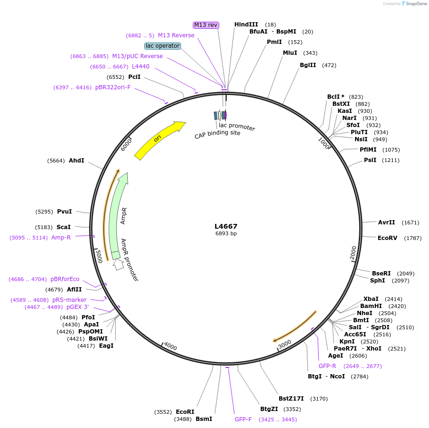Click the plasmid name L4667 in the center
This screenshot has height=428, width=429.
(x=226, y=226)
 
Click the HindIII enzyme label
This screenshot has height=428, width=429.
(x=246, y=25)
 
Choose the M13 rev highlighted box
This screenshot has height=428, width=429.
(x=206, y=25)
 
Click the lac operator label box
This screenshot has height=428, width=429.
(x=163, y=46)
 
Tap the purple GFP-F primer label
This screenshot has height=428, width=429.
(x=243, y=419)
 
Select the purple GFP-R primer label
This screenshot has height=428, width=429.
(x=327, y=366)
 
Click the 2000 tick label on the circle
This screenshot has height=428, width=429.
(x=354, y=253)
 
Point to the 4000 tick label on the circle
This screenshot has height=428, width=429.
(x=170, y=347)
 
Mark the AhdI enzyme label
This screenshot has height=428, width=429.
(x=76, y=161)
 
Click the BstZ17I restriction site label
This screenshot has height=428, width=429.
(x=291, y=398)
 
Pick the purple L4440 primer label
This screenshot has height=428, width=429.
(x=140, y=67)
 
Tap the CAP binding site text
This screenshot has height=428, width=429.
(x=217, y=134)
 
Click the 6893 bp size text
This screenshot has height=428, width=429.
(x=226, y=233)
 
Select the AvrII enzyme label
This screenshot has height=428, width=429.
(x=387, y=222)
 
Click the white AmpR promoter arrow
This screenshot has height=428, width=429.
(x=118, y=265)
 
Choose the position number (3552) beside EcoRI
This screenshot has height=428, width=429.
(x=163, y=412)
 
